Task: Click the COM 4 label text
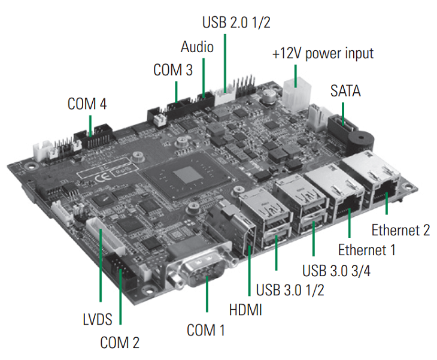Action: point(87,104)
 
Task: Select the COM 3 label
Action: point(173,69)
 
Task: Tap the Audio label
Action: point(197,47)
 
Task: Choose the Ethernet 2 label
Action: point(400,229)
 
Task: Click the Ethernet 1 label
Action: point(367,249)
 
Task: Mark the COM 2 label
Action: point(120,343)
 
